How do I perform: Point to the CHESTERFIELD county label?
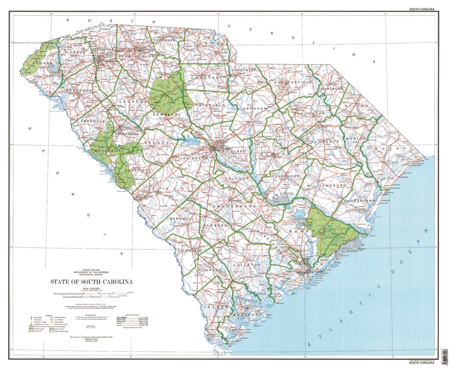(293, 82)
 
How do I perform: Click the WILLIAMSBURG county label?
(326, 186)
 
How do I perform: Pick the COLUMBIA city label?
(226, 148)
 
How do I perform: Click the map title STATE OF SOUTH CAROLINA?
(91, 282)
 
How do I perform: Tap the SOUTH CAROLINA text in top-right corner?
(422, 9)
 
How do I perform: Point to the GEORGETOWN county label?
(359, 201)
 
